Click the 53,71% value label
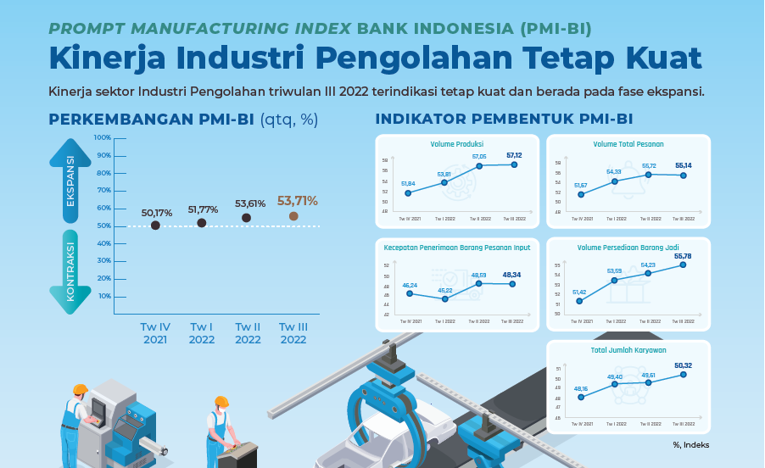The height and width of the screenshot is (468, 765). click(298, 201)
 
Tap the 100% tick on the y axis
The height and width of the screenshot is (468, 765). click(102, 137)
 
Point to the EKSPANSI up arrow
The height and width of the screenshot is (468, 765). click(70, 177)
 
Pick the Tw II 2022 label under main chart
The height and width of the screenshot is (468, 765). click(248, 333)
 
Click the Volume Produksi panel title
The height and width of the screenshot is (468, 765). click(456, 144)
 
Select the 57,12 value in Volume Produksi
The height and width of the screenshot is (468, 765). click(514, 155)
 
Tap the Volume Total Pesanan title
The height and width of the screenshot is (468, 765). click(628, 144)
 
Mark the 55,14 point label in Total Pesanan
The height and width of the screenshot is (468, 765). click(684, 165)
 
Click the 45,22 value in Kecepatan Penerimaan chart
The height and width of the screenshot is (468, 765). click(444, 290)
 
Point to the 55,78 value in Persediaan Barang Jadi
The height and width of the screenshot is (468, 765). click(684, 255)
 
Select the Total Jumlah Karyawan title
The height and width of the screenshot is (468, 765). click(628, 349)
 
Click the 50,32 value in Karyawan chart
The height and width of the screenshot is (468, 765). click(684, 365)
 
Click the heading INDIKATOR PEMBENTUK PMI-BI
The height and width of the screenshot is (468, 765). click(504, 120)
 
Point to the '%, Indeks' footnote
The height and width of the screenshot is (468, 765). click(691, 444)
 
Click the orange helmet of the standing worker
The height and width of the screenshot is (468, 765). click(221, 401)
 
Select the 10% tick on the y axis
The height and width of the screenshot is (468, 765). click(104, 296)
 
